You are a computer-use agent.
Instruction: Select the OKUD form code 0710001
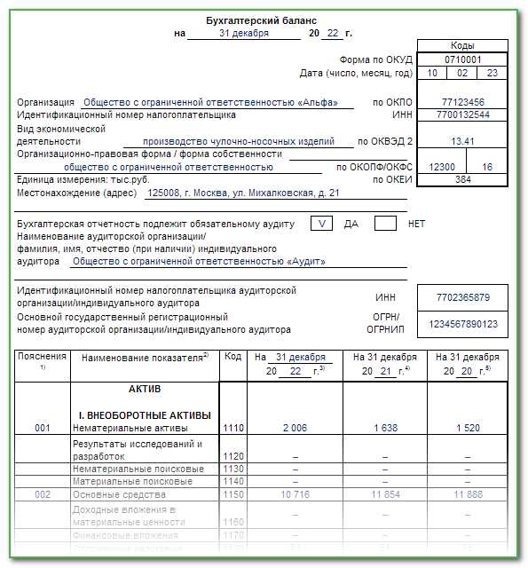(x=461, y=59)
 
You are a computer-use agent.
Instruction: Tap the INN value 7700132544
(x=462, y=114)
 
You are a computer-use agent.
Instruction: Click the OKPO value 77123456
(x=462, y=102)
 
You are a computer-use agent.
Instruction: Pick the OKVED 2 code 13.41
(x=462, y=141)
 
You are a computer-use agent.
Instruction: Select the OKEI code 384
(x=462, y=179)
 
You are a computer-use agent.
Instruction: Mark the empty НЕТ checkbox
(x=385, y=224)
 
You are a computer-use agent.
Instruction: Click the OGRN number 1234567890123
(x=462, y=324)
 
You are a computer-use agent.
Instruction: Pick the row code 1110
(x=233, y=428)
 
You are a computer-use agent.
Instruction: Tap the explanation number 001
(x=43, y=428)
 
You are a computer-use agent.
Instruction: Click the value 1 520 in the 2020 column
(x=466, y=428)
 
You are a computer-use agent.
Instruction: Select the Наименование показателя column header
(x=144, y=357)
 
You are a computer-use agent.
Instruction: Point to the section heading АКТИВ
(x=145, y=389)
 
